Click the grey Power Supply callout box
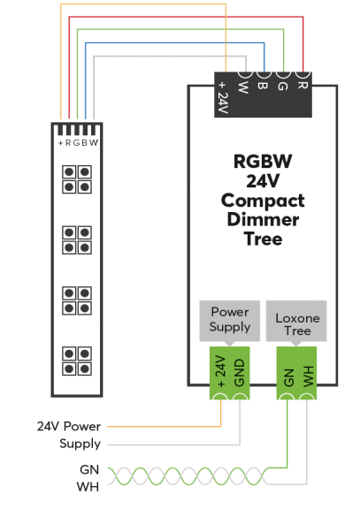(x=229, y=322)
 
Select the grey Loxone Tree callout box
(x=296, y=322)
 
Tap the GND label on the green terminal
(x=239, y=373)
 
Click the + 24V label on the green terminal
(x=221, y=371)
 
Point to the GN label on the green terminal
(x=288, y=377)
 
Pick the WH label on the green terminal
(x=307, y=376)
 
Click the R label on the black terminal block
(x=303, y=86)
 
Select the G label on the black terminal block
(x=283, y=86)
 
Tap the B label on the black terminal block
(x=263, y=86)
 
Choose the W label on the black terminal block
(x=243, y=87)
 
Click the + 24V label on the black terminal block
(x=223, y=97)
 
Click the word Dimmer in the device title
(x=263, y=220)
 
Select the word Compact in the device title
(x=263, y=201)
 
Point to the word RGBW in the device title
(x=263, y=162)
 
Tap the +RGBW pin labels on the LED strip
(x=78, y=143)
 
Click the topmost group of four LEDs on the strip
(x=77, y=179)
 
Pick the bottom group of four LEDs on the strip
(x=77, y=361)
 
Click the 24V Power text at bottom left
(x=69, y=426)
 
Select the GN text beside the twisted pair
(x=89, y=470)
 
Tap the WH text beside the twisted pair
(x=88, y=487)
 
